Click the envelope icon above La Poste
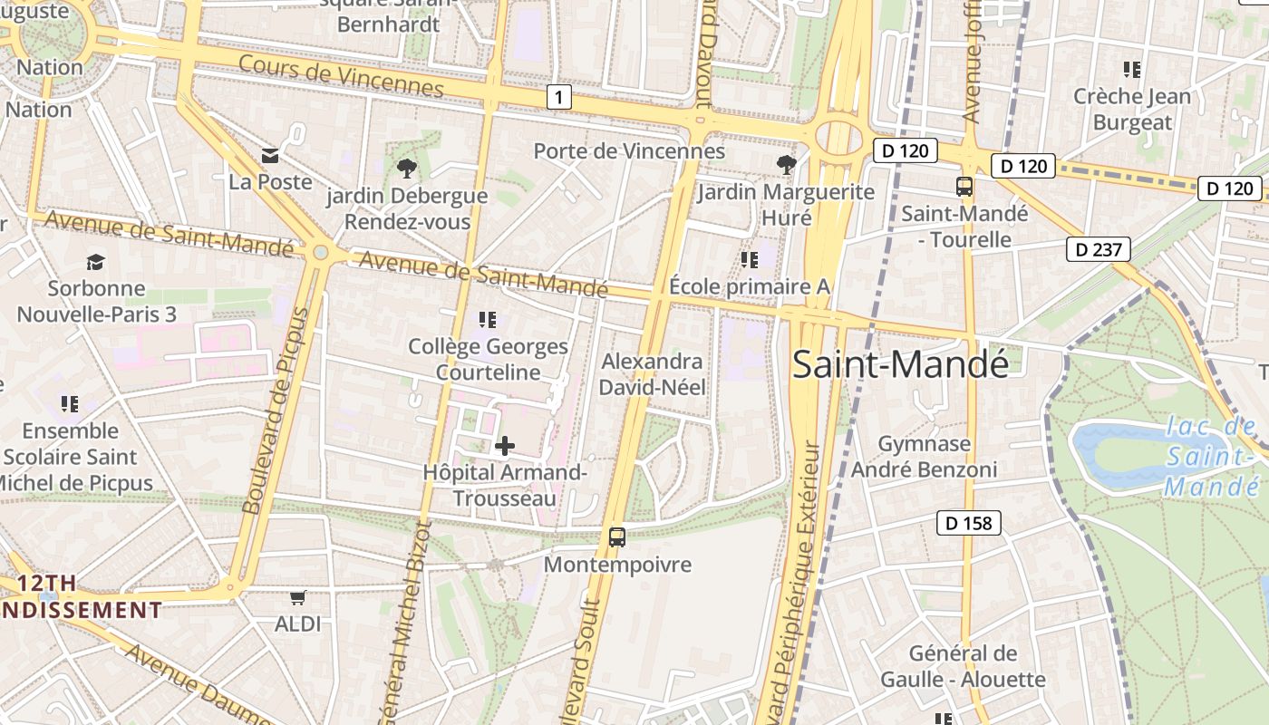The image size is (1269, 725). click(x=270, y=155)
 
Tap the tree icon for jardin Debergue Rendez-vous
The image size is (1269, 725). click(x=407, y=168)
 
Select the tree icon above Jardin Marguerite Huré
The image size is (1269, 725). click(x=786, y=164)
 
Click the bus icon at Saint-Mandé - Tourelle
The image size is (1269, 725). click(x=964, y=187)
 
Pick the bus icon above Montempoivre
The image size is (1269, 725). click(x=617, y=536)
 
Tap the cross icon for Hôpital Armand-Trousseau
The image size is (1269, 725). click(x=505, y=445)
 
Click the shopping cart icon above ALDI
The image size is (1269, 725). click(x=298, y=597)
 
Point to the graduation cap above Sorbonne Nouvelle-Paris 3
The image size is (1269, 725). click(x=95, y=262)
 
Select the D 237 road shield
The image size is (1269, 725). click(x=1099, y=249)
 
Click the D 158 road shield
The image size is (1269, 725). click(x=968, y=523)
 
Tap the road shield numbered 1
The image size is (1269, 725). click(x=559, y=97)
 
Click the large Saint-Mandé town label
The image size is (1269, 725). click(x=900, y=363)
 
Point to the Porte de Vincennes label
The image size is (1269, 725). click(x=629, y=150)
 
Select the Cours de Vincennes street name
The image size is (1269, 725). click(x=342, y=75)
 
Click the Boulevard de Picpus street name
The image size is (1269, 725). click(x=277, y=411)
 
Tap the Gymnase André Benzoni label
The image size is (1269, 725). click(x=924, y=457)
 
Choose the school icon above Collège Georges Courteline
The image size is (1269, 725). click(x=488, y=319)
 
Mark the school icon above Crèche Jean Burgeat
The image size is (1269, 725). click(x=1131, y=69)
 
